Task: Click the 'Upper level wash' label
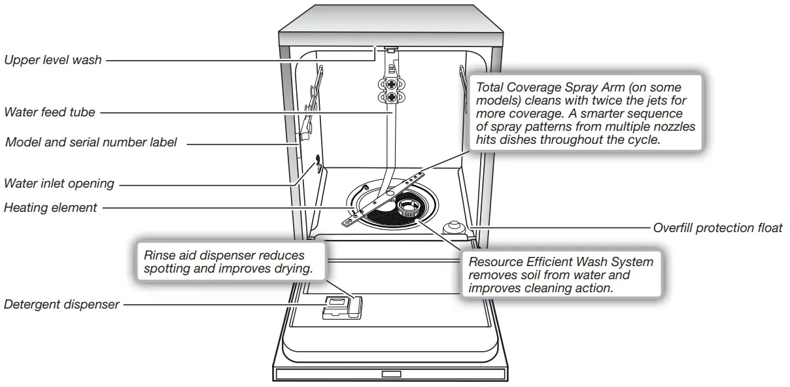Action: tap(53, 60)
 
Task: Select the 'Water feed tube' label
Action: tap(50, 112)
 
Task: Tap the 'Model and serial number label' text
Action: tap(91, 142)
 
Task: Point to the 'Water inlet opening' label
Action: tap(59, 184)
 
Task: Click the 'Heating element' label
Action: tap(50, 208)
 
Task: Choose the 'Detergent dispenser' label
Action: tap(61, 304)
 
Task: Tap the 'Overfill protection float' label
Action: tap(717, 228)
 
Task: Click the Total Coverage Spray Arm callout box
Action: tap(585, 113)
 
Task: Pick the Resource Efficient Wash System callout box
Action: tap(560, 275)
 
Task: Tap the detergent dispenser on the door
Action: tap(340, 305)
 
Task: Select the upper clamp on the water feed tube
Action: tap(391, 84)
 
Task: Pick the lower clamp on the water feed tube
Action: tap(391, 97)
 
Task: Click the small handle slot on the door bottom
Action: tap(391, 375)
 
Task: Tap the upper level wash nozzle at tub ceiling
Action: tap(391, 48)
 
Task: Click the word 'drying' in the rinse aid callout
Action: tap(293, 269)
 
